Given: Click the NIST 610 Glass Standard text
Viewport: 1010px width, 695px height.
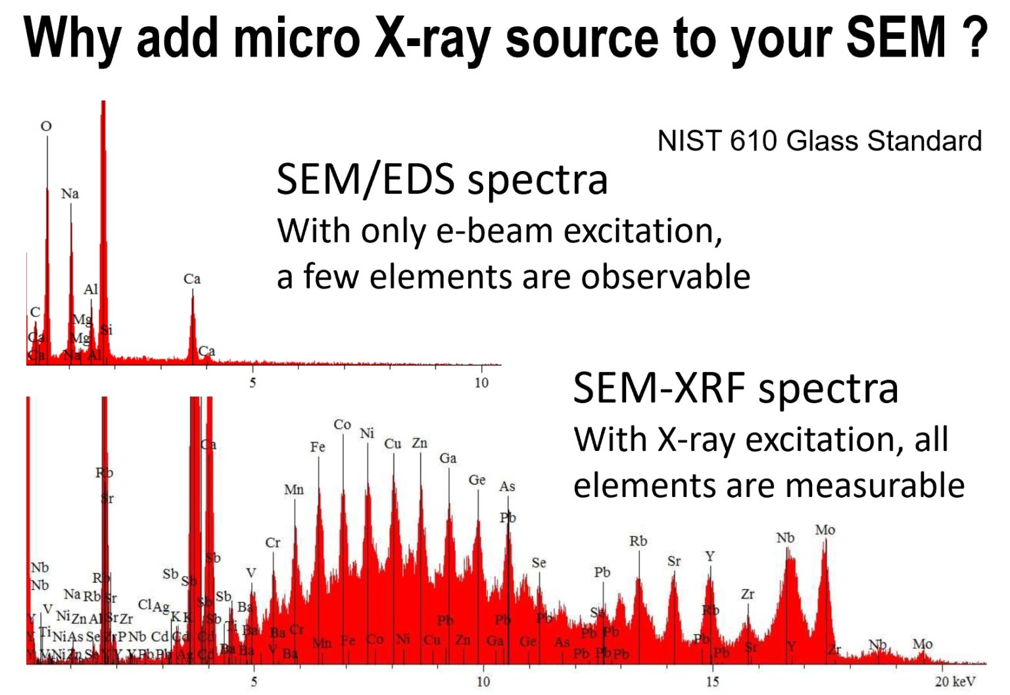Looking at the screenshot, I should click(819, 141).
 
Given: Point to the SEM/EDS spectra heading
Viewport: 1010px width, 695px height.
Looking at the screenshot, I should click(442, 179).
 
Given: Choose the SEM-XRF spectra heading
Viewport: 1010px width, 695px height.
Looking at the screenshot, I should click(735, 388).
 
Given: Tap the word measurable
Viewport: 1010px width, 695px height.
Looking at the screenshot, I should click(875, 485).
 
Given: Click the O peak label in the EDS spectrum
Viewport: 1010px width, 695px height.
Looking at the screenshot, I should click(46, 126).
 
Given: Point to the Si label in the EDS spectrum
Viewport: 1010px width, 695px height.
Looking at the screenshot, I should click(107, 330).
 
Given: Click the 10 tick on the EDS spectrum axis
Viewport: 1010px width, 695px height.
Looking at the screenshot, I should click(481, 383).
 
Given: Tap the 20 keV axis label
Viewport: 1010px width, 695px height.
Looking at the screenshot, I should click(955, 682).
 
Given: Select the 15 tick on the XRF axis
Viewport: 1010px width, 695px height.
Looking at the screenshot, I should click(712, 682).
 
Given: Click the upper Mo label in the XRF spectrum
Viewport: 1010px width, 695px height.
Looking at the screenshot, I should click(825, 530).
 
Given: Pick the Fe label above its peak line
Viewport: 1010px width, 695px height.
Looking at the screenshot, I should click(318, 447).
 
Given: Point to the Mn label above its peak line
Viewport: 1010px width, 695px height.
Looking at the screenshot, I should click(294, 490).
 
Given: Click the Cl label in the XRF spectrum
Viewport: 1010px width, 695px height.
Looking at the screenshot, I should click(145, 604).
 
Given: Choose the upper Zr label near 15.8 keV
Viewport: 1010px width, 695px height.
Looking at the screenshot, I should click(748, 594).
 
